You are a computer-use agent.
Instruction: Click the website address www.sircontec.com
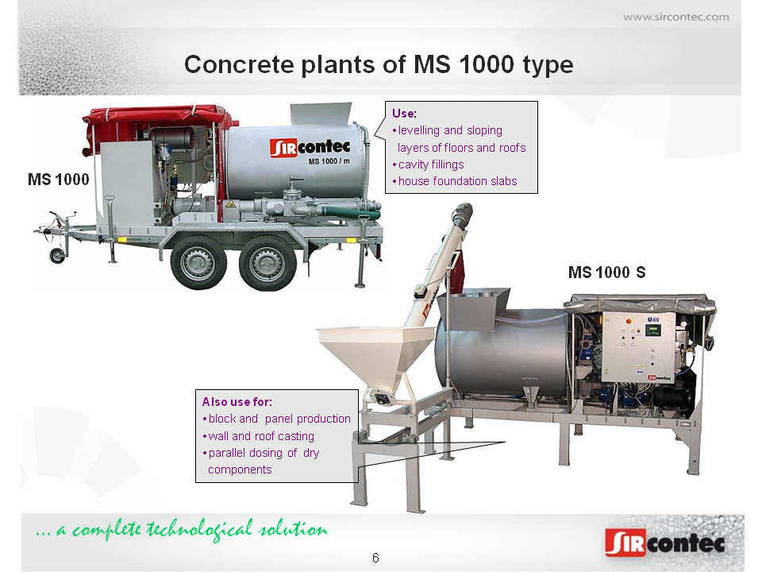[x=676, y=17]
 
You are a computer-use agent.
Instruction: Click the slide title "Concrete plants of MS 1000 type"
[x=379, y=64]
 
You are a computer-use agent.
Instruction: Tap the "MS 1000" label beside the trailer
[x=58, y=180]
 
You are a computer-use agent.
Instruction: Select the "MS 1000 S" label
[x=607, y=272]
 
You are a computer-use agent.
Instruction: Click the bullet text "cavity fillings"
[x=431, y=164]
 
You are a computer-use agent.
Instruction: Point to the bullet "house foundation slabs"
[x=457, y=181]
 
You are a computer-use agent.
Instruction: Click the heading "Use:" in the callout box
[x=404, y=114]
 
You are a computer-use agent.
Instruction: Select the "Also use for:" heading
[x=237, y=402]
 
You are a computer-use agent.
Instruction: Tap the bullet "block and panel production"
[x=279, y=419]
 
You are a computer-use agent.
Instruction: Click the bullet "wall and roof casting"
[x=261, y=436]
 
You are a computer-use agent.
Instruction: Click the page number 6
[x=375, y=558]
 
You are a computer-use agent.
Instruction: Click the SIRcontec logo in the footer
[x=665, y=543]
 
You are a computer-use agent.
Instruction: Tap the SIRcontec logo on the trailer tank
[x=310, y=148]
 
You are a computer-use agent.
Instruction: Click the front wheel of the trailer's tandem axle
[x=198, y=263]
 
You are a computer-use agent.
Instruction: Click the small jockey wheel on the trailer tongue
[x=57, y=256]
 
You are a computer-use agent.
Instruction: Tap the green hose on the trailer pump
[x=350, y=212]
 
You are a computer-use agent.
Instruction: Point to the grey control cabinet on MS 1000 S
[x=638, y=347]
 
